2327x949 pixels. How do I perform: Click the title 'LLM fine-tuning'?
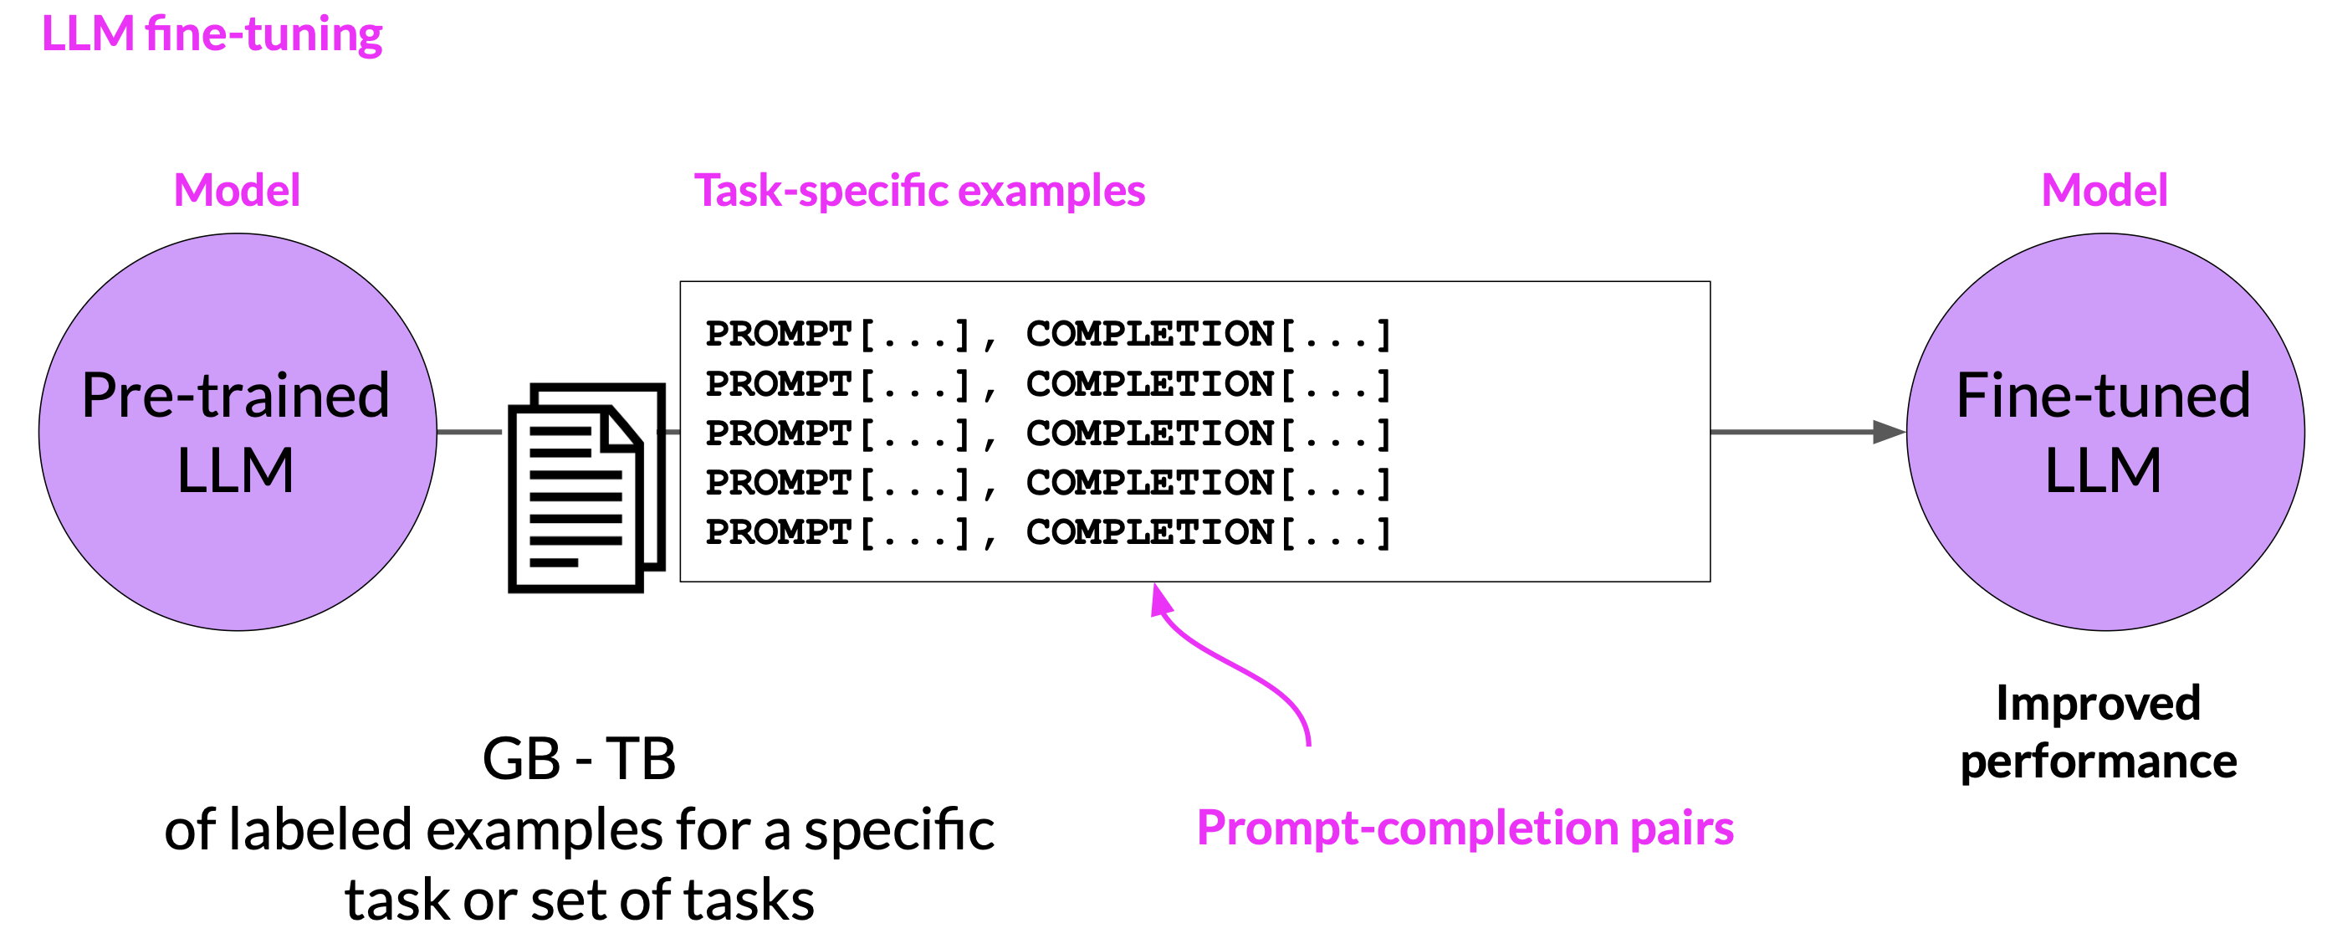[x=212, y=34]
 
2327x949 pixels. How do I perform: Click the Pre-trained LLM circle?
[x=238, y=432]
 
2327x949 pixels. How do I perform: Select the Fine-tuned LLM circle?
[x=2105, y=432]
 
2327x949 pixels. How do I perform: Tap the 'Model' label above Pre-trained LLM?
[x=237, y=191]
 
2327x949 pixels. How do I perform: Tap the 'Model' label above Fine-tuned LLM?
[x=2104, y=191]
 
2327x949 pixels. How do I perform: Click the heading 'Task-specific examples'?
[x=919, y=191]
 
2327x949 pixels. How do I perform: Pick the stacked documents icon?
[x=587, y=488]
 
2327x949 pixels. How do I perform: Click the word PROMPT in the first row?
[x=779, y=334]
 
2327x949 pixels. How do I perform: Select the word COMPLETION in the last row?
[x=1150, y=531]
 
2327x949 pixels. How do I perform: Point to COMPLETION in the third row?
[x=1150, y=433]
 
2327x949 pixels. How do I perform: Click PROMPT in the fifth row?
[x=779, y=531]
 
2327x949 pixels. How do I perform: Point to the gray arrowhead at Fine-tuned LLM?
[x=1889, y=432]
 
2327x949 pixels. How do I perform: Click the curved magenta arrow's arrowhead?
[x=1161, y=600]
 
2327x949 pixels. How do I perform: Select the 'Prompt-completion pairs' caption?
[x=1465, y=828]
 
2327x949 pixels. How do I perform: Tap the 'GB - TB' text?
[x=579, y=758]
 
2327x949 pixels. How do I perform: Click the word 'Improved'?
[x=2098, y=704]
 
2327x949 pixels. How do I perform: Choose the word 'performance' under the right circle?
[x=2099, y=761]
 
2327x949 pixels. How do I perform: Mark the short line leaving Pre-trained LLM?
[x=470, y=432]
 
